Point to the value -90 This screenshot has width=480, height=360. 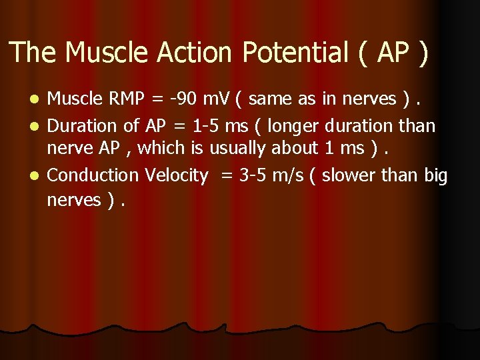click(x=182, y=99)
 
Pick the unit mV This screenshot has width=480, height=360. click(x=215, y=99)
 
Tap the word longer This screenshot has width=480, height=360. click(x=295, y=125)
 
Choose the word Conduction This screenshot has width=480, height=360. click(x=90, y=175)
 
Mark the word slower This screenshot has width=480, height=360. click(x=353, y=175)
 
